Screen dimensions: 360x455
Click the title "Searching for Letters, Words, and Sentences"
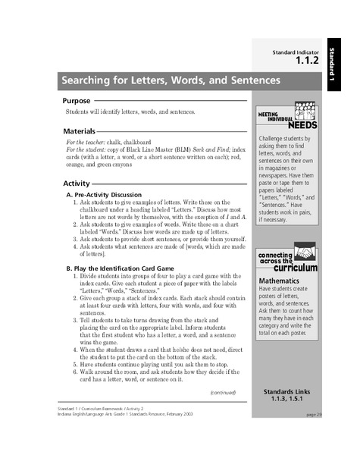[172, 80]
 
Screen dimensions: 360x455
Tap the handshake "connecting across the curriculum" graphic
[286, 262]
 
